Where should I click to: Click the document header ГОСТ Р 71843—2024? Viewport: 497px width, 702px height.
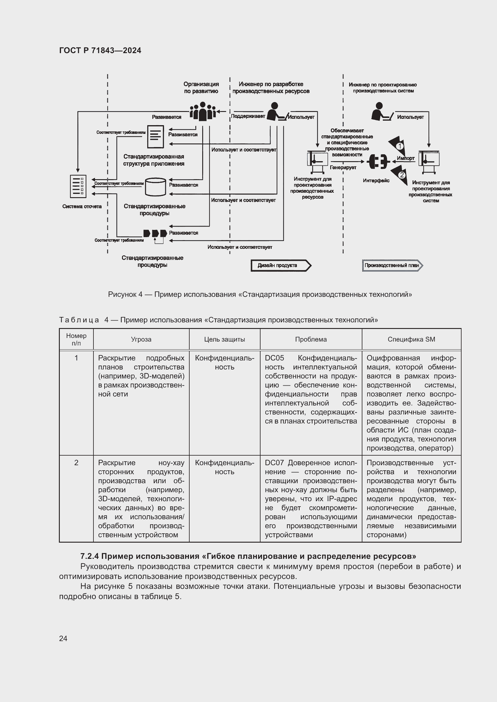click(x=100, y=50)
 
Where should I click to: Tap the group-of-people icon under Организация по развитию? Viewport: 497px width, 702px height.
click(x=202, y=112)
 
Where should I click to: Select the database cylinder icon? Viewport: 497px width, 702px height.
click(x=155, y=186)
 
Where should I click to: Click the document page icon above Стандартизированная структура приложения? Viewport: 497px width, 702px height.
click(x=155, y=137)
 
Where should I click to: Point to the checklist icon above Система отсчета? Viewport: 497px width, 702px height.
click(x=78, y=186)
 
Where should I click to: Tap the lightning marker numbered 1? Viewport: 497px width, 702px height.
click(x=398, y=146)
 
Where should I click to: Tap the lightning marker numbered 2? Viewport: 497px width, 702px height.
click(x=401, y=175)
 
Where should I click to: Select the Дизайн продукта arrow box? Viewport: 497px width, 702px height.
click(x=280, y=265)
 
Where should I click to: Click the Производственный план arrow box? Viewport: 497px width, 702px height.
click(x=392, y=265)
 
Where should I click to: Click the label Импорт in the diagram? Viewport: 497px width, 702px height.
click(x=405, y=158)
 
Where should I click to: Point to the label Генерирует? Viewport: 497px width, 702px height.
click(x=343, y=167)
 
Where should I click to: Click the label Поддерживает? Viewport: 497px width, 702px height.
click(x=248, y=116)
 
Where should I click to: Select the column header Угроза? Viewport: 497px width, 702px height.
click(x=141, y=339)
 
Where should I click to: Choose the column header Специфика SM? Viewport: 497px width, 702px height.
click(x=411, y=339)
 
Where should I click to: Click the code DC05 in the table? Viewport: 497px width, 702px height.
click(x=274, y=358)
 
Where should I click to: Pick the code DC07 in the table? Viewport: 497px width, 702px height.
click(x=274, y=462)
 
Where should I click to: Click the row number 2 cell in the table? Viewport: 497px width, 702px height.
click(x=76, y=462)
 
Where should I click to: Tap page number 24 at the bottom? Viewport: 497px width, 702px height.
click(x=63, y=638)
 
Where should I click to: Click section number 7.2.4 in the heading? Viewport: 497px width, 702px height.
click(x=89, y=556)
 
